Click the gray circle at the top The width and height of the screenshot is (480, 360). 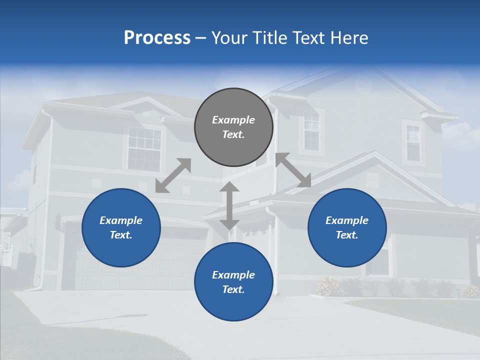[233, 127]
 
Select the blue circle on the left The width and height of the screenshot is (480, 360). [121, 227]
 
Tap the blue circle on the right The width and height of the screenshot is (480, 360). [347, 227]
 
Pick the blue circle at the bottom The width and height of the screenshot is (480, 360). [233, 281]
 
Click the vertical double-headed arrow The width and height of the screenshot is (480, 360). [229, 205]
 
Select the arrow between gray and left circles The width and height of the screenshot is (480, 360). [173, 175]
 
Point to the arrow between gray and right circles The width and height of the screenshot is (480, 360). [293, 170]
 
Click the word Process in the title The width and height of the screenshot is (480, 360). [157, 38]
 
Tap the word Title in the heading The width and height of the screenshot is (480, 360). [270, 38]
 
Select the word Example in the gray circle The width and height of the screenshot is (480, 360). [233, 120]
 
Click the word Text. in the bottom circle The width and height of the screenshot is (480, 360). [233, 289]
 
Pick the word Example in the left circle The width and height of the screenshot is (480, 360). [121, 220]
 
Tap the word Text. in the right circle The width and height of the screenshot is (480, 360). [347, 235]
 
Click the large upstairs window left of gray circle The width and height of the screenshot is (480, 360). [144, 148]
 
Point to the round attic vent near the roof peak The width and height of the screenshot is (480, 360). [363, 85]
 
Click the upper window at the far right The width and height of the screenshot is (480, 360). [413, 142]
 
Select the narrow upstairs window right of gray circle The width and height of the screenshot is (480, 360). [311, 131]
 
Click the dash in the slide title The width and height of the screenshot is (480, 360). [201, 38]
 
